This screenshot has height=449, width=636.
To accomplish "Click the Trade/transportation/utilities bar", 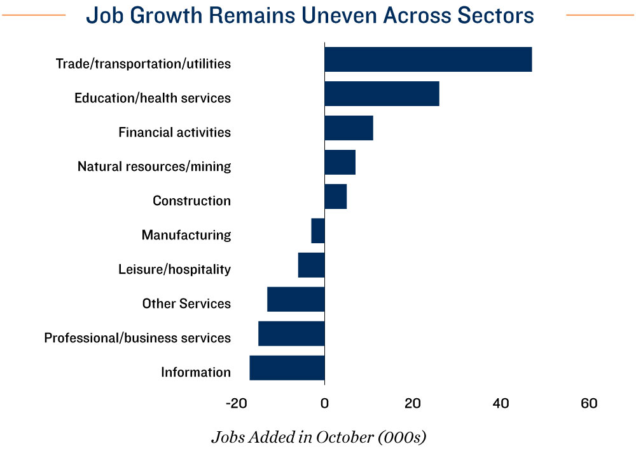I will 428,59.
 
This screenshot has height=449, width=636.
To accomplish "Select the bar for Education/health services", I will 382,93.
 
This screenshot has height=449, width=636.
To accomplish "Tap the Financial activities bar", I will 349,128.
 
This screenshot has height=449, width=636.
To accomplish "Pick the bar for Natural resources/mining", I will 340,162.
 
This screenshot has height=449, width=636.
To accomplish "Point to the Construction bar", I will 335,196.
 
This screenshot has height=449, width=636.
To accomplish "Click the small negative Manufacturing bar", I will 318,231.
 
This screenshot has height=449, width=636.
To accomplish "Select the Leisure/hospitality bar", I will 311,265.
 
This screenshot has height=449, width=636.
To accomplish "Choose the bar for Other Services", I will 296,299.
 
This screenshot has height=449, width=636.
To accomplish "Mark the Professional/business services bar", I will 291,333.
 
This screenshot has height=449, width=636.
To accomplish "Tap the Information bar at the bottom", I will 287,368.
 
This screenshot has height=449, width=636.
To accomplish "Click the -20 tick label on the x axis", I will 236,404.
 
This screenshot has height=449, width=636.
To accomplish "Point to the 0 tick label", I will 324,404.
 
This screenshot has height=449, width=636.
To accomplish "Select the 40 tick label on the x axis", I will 501,404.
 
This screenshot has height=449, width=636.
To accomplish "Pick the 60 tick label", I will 589,404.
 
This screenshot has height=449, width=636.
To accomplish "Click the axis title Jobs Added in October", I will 318,437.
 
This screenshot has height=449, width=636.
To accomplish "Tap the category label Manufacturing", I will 186,235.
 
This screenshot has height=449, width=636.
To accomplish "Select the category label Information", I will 195,372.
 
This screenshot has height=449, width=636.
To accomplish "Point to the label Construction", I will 191,201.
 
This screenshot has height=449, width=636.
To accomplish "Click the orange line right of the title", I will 600,15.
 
